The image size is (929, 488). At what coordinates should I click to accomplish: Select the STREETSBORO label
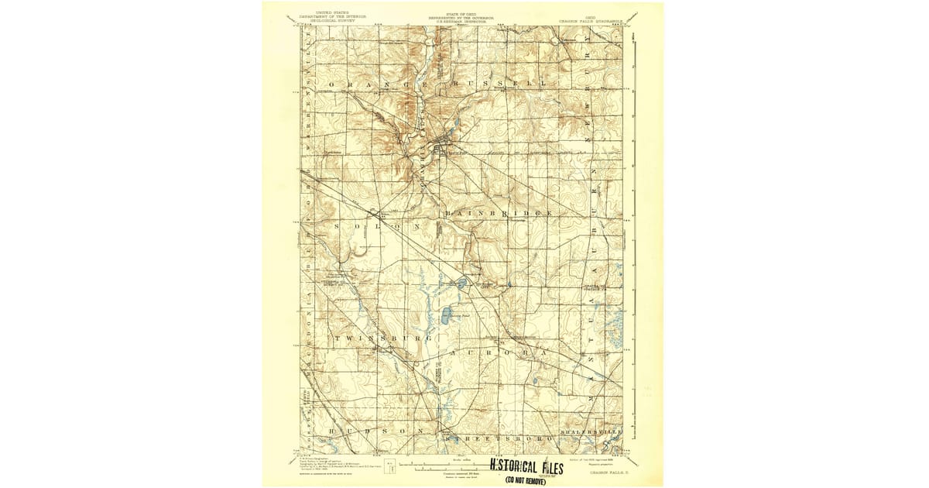(x=499, y=438)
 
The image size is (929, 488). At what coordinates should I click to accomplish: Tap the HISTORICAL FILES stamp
(x=526, y=466)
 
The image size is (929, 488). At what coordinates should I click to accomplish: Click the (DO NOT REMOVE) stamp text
(x=526, y=480)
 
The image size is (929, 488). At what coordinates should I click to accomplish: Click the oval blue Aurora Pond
(x=447, y=316)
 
